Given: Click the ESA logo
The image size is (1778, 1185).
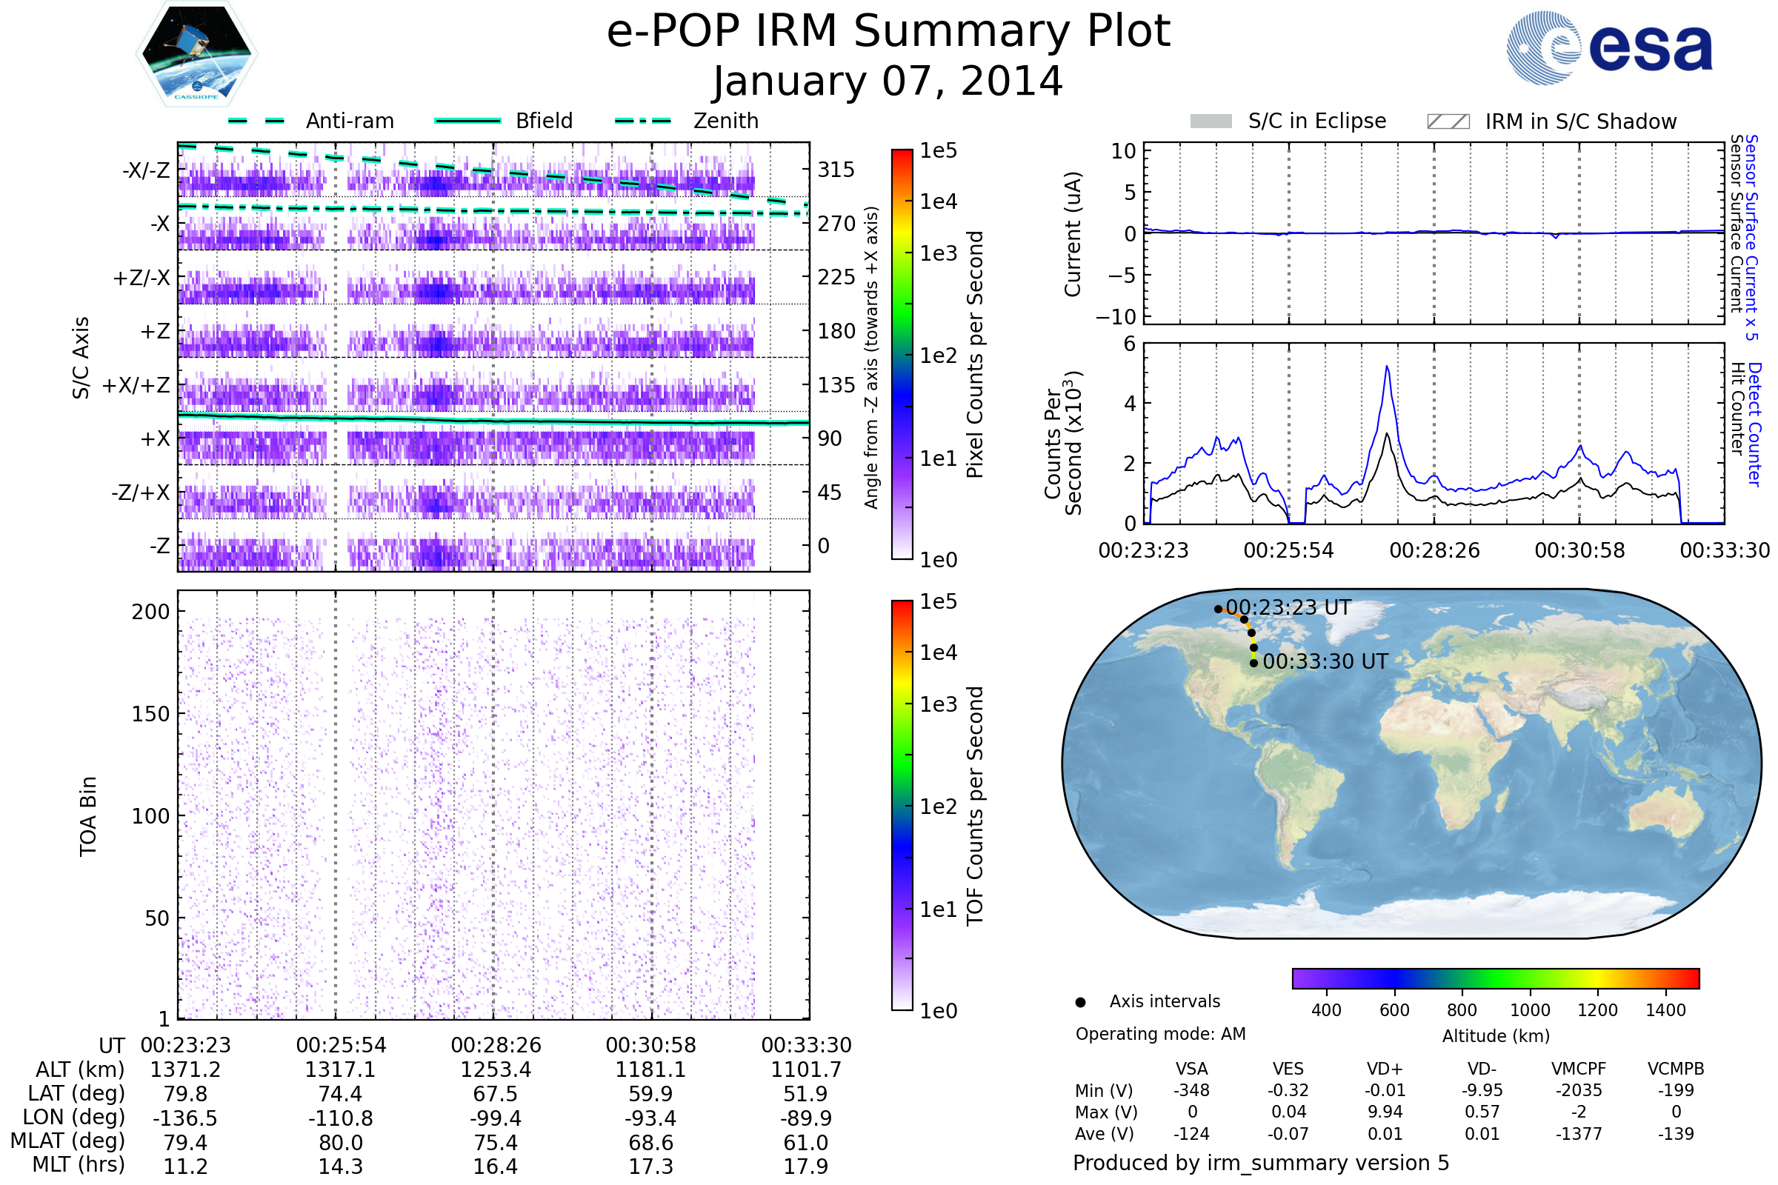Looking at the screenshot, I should pyautogui.click(x=1609, y=47).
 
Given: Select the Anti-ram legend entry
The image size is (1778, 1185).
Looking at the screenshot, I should pyautogui.click(x=349, y=121).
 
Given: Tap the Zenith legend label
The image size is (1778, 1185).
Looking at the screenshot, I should pyautogui.click(x=726, y=121).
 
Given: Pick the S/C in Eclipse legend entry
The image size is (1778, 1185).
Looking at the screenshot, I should pyautogui.click(x=1316, y=121).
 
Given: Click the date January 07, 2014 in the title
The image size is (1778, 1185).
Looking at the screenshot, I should pyautogui.click(x=888, y=81).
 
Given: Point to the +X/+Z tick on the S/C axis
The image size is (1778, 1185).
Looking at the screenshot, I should pyautogui.click(x=136, y=385).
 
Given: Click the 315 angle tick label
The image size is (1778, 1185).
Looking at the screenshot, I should pyautogui.click(x=836, y=170).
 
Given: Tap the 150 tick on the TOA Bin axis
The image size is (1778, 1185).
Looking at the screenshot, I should pyautogui.click(x=150, y=714).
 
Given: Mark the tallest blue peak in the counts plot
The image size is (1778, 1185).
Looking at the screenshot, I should pyautogui.click(x=1387, y=367).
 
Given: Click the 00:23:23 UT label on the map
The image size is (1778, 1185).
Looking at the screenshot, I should pyautogui.click(x=1288, y=607).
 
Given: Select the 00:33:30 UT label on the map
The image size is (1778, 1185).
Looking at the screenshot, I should pyautogui.click(x=1325, y=661).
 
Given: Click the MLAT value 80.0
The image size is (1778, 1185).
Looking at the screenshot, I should pyautogui.click(x=341, y=1143).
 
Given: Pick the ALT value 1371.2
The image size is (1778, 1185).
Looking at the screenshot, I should pyautogui.click(x=185, y=1070).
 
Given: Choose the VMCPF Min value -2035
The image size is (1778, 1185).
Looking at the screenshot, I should pyautogui.click(x=1579, y=1090).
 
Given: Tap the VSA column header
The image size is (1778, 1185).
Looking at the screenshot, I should pyautogui.click(x=1191, y=1069).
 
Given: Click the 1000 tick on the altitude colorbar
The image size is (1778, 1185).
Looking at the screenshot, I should pyautogui.click(x=1529, y=1010).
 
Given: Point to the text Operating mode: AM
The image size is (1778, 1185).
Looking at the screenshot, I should pyautogui.click(x=1160, y=1034).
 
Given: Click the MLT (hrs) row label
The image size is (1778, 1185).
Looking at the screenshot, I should pyautogui.click(x=79, y=1164).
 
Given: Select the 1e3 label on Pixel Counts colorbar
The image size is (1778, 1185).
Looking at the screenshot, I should pyautogui.click(x=938, y=253).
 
